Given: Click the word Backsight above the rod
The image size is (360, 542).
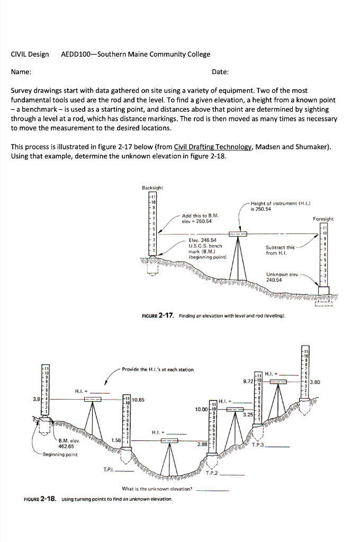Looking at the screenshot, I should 152,188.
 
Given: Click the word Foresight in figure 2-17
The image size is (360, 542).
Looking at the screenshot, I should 323,218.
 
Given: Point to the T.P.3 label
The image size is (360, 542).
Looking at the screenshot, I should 259,445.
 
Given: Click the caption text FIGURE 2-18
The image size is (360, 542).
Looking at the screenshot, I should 42,499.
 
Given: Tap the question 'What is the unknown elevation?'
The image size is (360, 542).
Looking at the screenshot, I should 157,489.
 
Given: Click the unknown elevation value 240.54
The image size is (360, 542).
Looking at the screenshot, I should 274,279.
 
